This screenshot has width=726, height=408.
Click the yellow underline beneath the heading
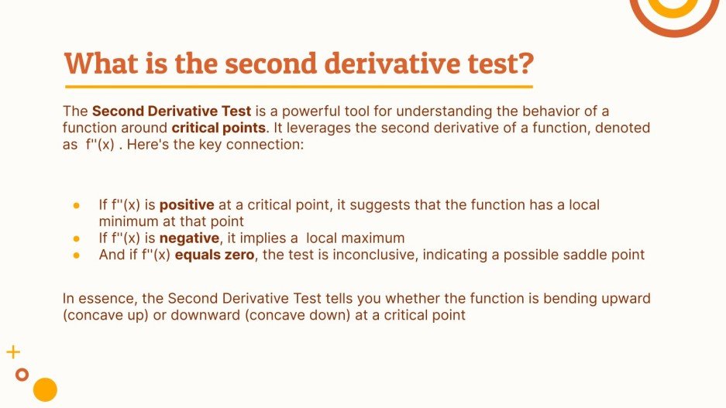[298, 87]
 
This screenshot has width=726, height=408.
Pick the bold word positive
[189, 205]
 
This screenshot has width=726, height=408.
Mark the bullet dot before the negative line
[77, 238]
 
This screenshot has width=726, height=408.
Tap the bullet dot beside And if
[77, 255]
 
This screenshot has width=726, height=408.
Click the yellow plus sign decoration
[12, 353]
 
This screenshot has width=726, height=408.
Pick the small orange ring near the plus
[22, 375]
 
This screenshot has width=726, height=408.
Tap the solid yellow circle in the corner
[46, 389]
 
